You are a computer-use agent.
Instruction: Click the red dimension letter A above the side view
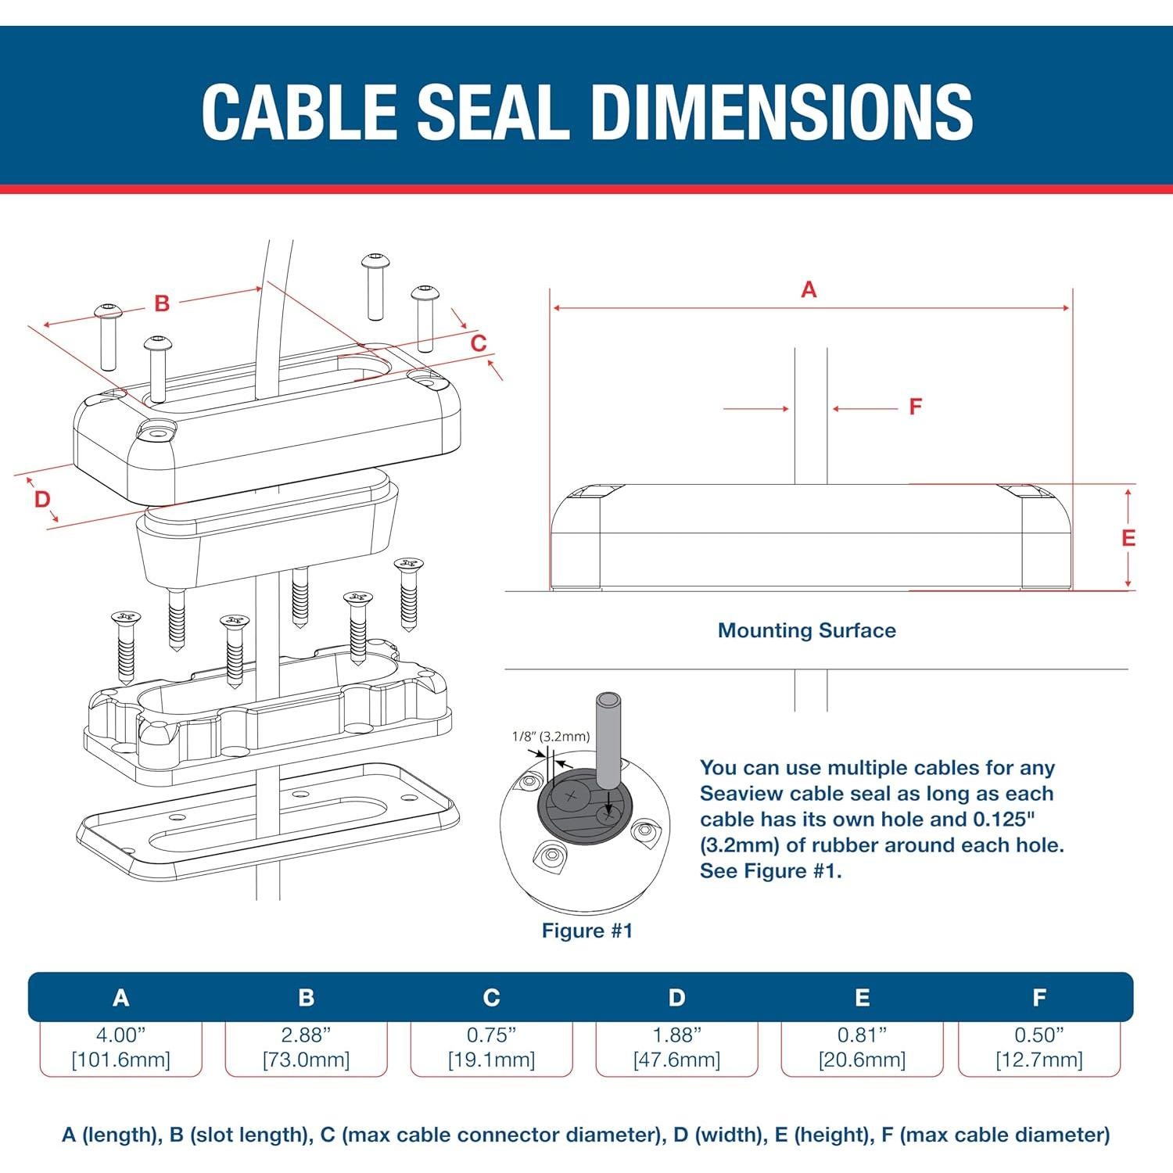click(x=809, y=290)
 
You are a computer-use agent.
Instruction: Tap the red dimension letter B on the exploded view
click(x=162, y=303)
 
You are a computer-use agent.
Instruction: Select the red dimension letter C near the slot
click(x=479, y=343)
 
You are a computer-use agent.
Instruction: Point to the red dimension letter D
click(x=42, y=499)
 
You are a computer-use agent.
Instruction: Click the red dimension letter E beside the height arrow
click(x=1128, y=538)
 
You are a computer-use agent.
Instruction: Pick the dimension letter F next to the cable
click(x=915, y=407)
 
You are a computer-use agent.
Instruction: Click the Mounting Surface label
click(x=806, y=630)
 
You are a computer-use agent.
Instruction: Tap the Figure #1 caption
click(x=586, y=931)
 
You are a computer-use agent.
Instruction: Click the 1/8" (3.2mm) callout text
click(x=551, y=736)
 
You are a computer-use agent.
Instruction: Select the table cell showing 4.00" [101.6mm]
click(x=120, y=1048)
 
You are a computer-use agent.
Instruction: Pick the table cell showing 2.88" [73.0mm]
click(x=306, y=1048)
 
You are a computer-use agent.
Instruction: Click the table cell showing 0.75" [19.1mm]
click(x=491, y=1048)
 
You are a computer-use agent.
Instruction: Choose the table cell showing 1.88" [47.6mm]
click(x=676, y=1048)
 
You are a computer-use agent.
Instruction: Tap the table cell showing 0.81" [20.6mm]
click(x=862, y=1048)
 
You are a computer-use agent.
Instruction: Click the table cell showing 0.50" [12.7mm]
click(x=1038, y=1048)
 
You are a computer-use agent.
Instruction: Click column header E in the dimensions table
click(x=862, y=998)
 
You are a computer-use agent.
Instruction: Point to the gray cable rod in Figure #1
click(x=608, y=739)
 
